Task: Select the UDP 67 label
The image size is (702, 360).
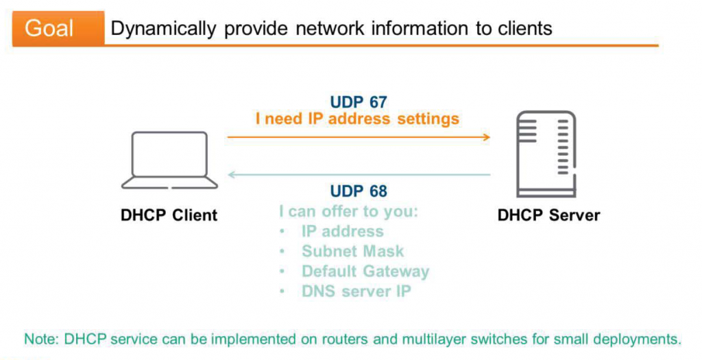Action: pyautogui.click(x=359, y=102)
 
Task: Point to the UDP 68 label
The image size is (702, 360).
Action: pyautogui.click(x=359, y=191)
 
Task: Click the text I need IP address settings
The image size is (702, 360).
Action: pyautogui.click(x=357, y=119)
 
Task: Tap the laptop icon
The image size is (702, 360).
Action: pyautogui.click(x=169, y=160)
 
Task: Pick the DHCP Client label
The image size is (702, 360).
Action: pyautogui.click(x=169, y=215)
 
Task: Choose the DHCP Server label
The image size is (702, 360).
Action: pyautogui.click(x=548, y=215)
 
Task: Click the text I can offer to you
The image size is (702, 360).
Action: pyautogui.click(x=348, y=211)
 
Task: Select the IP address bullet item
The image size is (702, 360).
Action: pyautogui.click(x=342, y=232)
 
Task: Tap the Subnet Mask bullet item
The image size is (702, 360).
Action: pyautogui.click(x=352, y=252)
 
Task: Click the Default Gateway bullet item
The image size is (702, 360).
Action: pyautogui.click(x=365, y=272)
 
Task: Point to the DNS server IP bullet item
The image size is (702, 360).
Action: pyautogui.click(x=356, y=291)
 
